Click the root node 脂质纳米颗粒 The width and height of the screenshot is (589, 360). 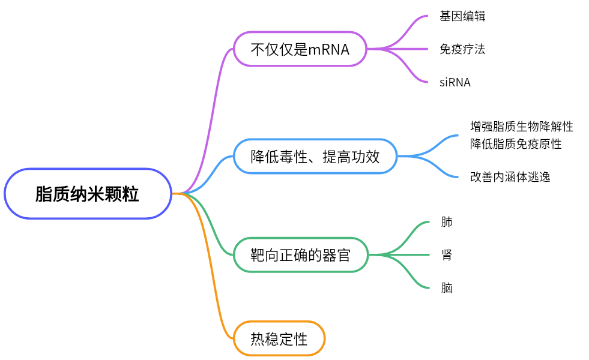88,194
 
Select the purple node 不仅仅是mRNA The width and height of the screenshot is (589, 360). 300,49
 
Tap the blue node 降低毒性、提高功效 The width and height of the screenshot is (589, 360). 315,157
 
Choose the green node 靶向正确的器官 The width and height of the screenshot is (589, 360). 300,255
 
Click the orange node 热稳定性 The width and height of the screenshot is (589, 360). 279,339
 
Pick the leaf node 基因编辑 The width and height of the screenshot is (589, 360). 462,16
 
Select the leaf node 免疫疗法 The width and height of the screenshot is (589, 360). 462,49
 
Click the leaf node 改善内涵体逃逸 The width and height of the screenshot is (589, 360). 510,177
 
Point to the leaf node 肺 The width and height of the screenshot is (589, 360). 447,222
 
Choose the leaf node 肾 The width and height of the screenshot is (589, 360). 447,256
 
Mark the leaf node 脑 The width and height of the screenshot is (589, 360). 447,289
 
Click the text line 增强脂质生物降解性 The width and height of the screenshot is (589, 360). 521,127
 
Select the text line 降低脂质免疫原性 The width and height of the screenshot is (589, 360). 516,144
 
